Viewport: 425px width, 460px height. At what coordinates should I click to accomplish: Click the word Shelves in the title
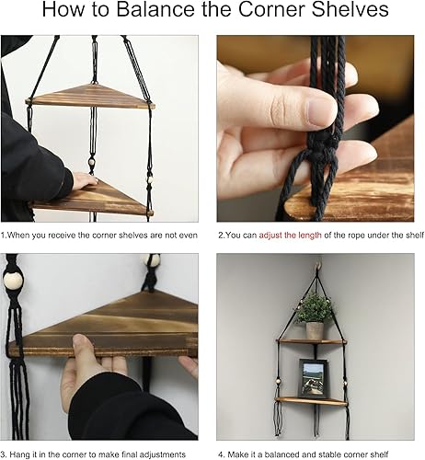pyautogui.click(x=362, y=13)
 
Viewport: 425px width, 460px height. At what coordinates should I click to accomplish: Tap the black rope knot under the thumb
pyautogui.click(x=304, y=147)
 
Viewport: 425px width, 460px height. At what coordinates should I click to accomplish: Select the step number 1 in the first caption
pyautogui.click(x=5, y=236)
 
